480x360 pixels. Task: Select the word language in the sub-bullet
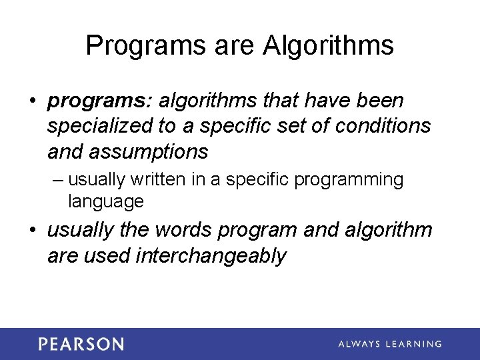point(106,201)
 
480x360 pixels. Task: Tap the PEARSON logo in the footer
point(81,344)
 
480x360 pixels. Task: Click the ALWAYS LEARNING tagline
point(390,344)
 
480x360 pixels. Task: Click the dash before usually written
point(57,180)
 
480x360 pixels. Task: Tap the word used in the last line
point(107,255)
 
